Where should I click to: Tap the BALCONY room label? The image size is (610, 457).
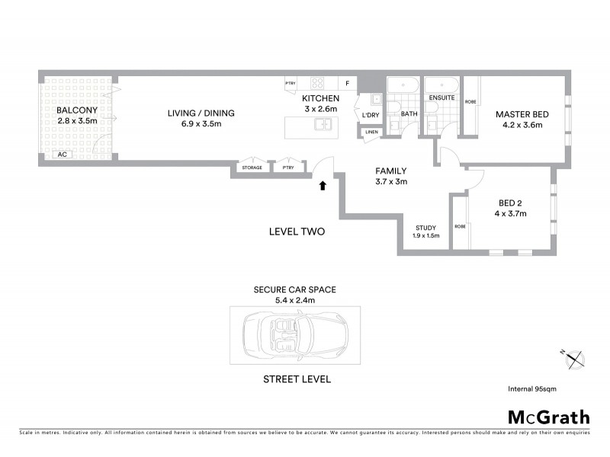click(x=76, y=110)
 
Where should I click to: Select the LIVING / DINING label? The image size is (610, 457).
click(x=201, y=113)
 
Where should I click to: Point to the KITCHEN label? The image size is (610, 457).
click(x=319, y=100)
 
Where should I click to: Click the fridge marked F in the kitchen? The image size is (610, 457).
click(x=347, y=83)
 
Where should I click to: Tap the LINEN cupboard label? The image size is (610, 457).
click(x=371, y=133)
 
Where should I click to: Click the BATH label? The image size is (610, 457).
click(x=409, y=114)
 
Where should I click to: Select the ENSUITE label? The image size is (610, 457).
click(x=442, y=98)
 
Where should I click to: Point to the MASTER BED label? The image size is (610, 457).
click(x=522, y=114)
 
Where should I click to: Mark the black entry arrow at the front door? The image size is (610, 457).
click(x=323, y=184)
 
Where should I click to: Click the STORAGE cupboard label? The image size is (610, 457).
click(x=252, y=168)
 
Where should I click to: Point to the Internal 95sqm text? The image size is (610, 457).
click(x=532, y=388)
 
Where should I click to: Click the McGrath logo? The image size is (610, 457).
click(x=549, y=417)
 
